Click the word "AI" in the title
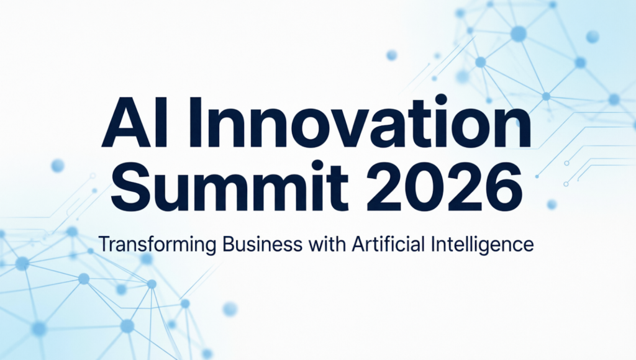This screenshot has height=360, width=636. coord(134,122)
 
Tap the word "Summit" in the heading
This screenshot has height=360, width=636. coord(230,184)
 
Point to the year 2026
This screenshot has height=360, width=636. coord(445,185)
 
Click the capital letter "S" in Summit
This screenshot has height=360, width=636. coord(129,185)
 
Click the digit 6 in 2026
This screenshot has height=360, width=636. coord(504,185)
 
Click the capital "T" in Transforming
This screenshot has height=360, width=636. coord(104,245)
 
